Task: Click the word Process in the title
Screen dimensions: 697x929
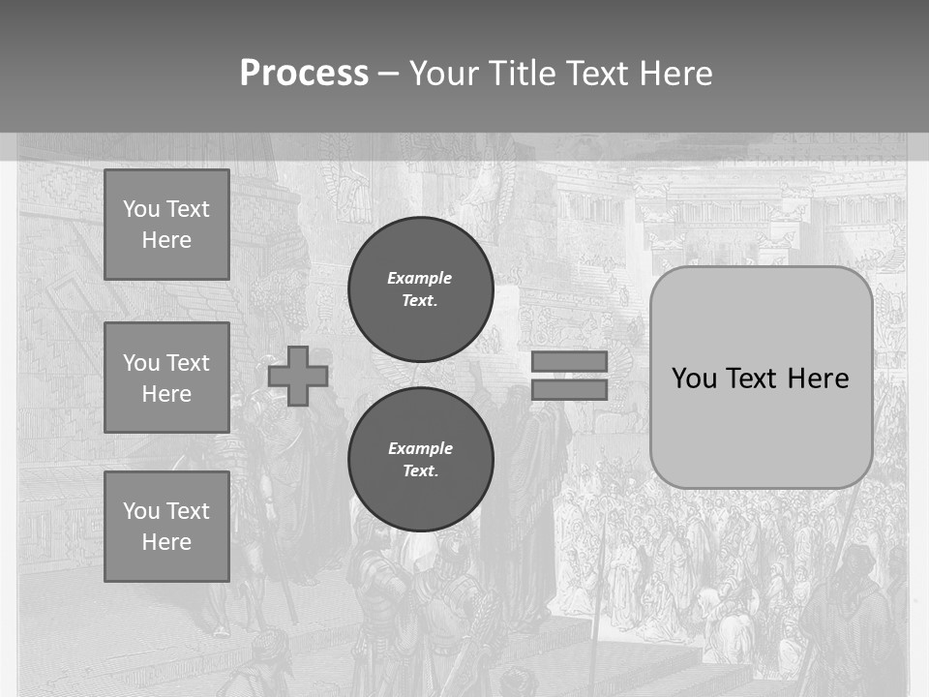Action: coord(304,74)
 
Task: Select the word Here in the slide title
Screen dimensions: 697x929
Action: coord(674,74)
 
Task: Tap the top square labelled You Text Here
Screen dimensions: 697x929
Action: coord(166,225)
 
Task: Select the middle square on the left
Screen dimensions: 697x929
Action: coord(166,378)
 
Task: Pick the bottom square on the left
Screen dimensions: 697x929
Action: coord(166,527)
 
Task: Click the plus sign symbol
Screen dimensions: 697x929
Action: coord(298,377)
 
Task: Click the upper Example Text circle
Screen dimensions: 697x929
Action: coord(421,289)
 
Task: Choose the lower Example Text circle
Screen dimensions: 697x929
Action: coord(421,460)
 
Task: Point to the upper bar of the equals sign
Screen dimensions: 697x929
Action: coord(569,361)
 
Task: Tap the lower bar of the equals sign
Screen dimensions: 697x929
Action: coord(569,390)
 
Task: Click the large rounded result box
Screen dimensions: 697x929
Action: coord(762,426)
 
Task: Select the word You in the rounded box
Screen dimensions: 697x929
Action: coord(693,379)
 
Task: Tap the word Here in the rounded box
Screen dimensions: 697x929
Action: coord(818,379)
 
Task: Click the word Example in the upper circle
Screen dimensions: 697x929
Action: coord(420,278)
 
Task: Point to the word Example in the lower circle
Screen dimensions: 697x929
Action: coord(420,448)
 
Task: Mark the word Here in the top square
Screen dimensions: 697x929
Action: coord(166,240)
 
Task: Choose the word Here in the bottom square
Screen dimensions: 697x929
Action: coord(166,542)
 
